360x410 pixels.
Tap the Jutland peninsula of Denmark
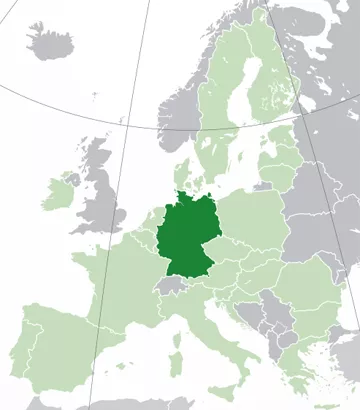pyautogui.click(x=181, y=175)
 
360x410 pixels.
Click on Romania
pyautogui.click(x=295, y=290)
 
